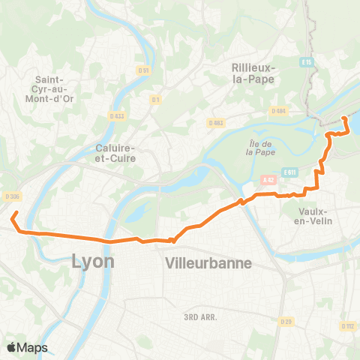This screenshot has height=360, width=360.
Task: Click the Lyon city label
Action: coord(93,262)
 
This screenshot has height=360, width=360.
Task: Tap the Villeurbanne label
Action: coord(208,263)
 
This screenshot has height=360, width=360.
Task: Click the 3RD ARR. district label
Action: coord(199,317)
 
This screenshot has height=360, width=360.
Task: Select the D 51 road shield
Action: coord(145,70)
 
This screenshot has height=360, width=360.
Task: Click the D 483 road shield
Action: coord(216,121)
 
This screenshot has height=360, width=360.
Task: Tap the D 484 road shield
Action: coord(279,111)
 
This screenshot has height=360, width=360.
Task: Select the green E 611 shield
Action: coord(291,172)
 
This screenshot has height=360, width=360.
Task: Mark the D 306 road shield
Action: coord(10,196)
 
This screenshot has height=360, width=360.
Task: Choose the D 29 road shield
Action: coord(286,322)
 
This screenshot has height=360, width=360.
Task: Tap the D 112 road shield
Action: coord(347,325)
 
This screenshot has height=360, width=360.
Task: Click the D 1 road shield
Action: coord(155,99)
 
